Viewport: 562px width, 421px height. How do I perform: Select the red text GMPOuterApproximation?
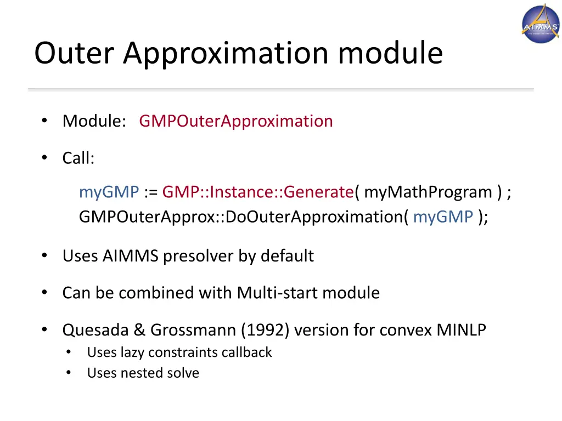coord(236,121)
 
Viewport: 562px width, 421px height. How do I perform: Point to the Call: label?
coord(78,158)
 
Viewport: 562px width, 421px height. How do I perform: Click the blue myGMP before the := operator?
coord(109,192)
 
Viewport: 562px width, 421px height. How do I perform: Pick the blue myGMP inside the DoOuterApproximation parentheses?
coord(443,217)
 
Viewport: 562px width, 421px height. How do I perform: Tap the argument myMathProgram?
coord(428,192)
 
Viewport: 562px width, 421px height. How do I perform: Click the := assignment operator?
coord(150,192)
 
